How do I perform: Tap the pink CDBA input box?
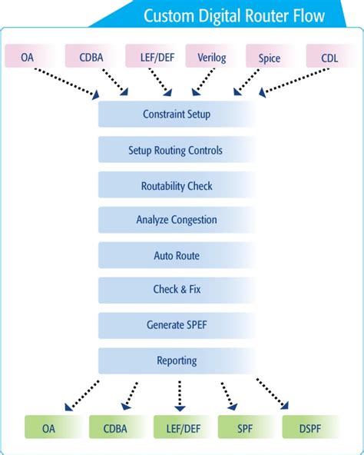pos(91,57)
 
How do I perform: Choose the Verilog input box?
pos(211,57)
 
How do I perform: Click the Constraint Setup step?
pos(177,115)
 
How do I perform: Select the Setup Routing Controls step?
pos(177,151)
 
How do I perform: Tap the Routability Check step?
pos(177,186)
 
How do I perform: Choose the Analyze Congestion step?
pos(177,221)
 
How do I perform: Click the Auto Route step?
pos(177,255)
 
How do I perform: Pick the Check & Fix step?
pos(177,290)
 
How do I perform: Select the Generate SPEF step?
pos(177,325)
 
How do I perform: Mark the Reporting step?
pos(177,360)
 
